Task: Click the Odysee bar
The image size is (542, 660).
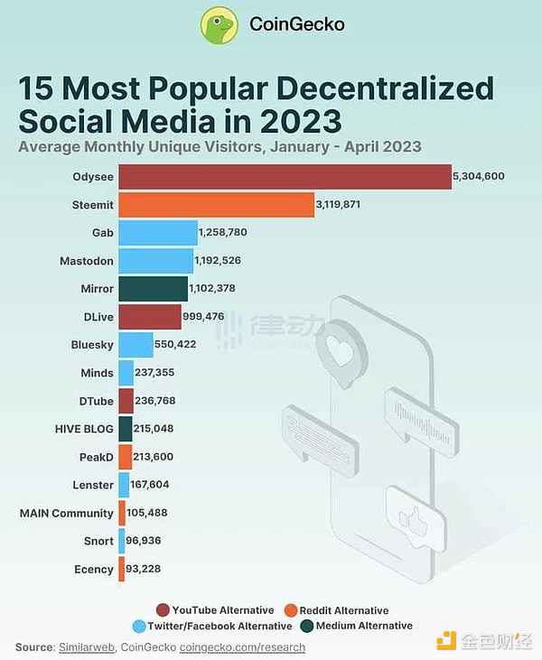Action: pyautogui.click(x=285, y=177)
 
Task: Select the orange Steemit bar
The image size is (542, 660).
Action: pyautogui.click(x=216, y=205)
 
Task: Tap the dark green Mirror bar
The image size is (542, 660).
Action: pyautogui.click(x=153, y=289)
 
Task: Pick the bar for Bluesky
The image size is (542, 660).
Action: pyautogui.click(x=135, y=344)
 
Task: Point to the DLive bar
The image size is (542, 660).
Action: pyautogui.click(x=150, y=317)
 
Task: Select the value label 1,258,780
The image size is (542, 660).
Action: pyautogui.click(x=222, y=233)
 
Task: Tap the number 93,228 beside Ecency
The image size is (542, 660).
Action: pyautogui.click(x=143, y=568)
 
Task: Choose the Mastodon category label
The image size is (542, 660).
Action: pyautogui.click(x=89, y=261)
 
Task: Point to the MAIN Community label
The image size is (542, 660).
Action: pyautogui.click(x=67, y=512)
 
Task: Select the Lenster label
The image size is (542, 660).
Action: pyautogui.click(x=93, y=485)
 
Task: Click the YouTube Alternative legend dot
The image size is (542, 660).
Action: pyautogui.click(x=164, y=610)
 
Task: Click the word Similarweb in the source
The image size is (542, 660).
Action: pyautogui.click(x=84, y=647)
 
